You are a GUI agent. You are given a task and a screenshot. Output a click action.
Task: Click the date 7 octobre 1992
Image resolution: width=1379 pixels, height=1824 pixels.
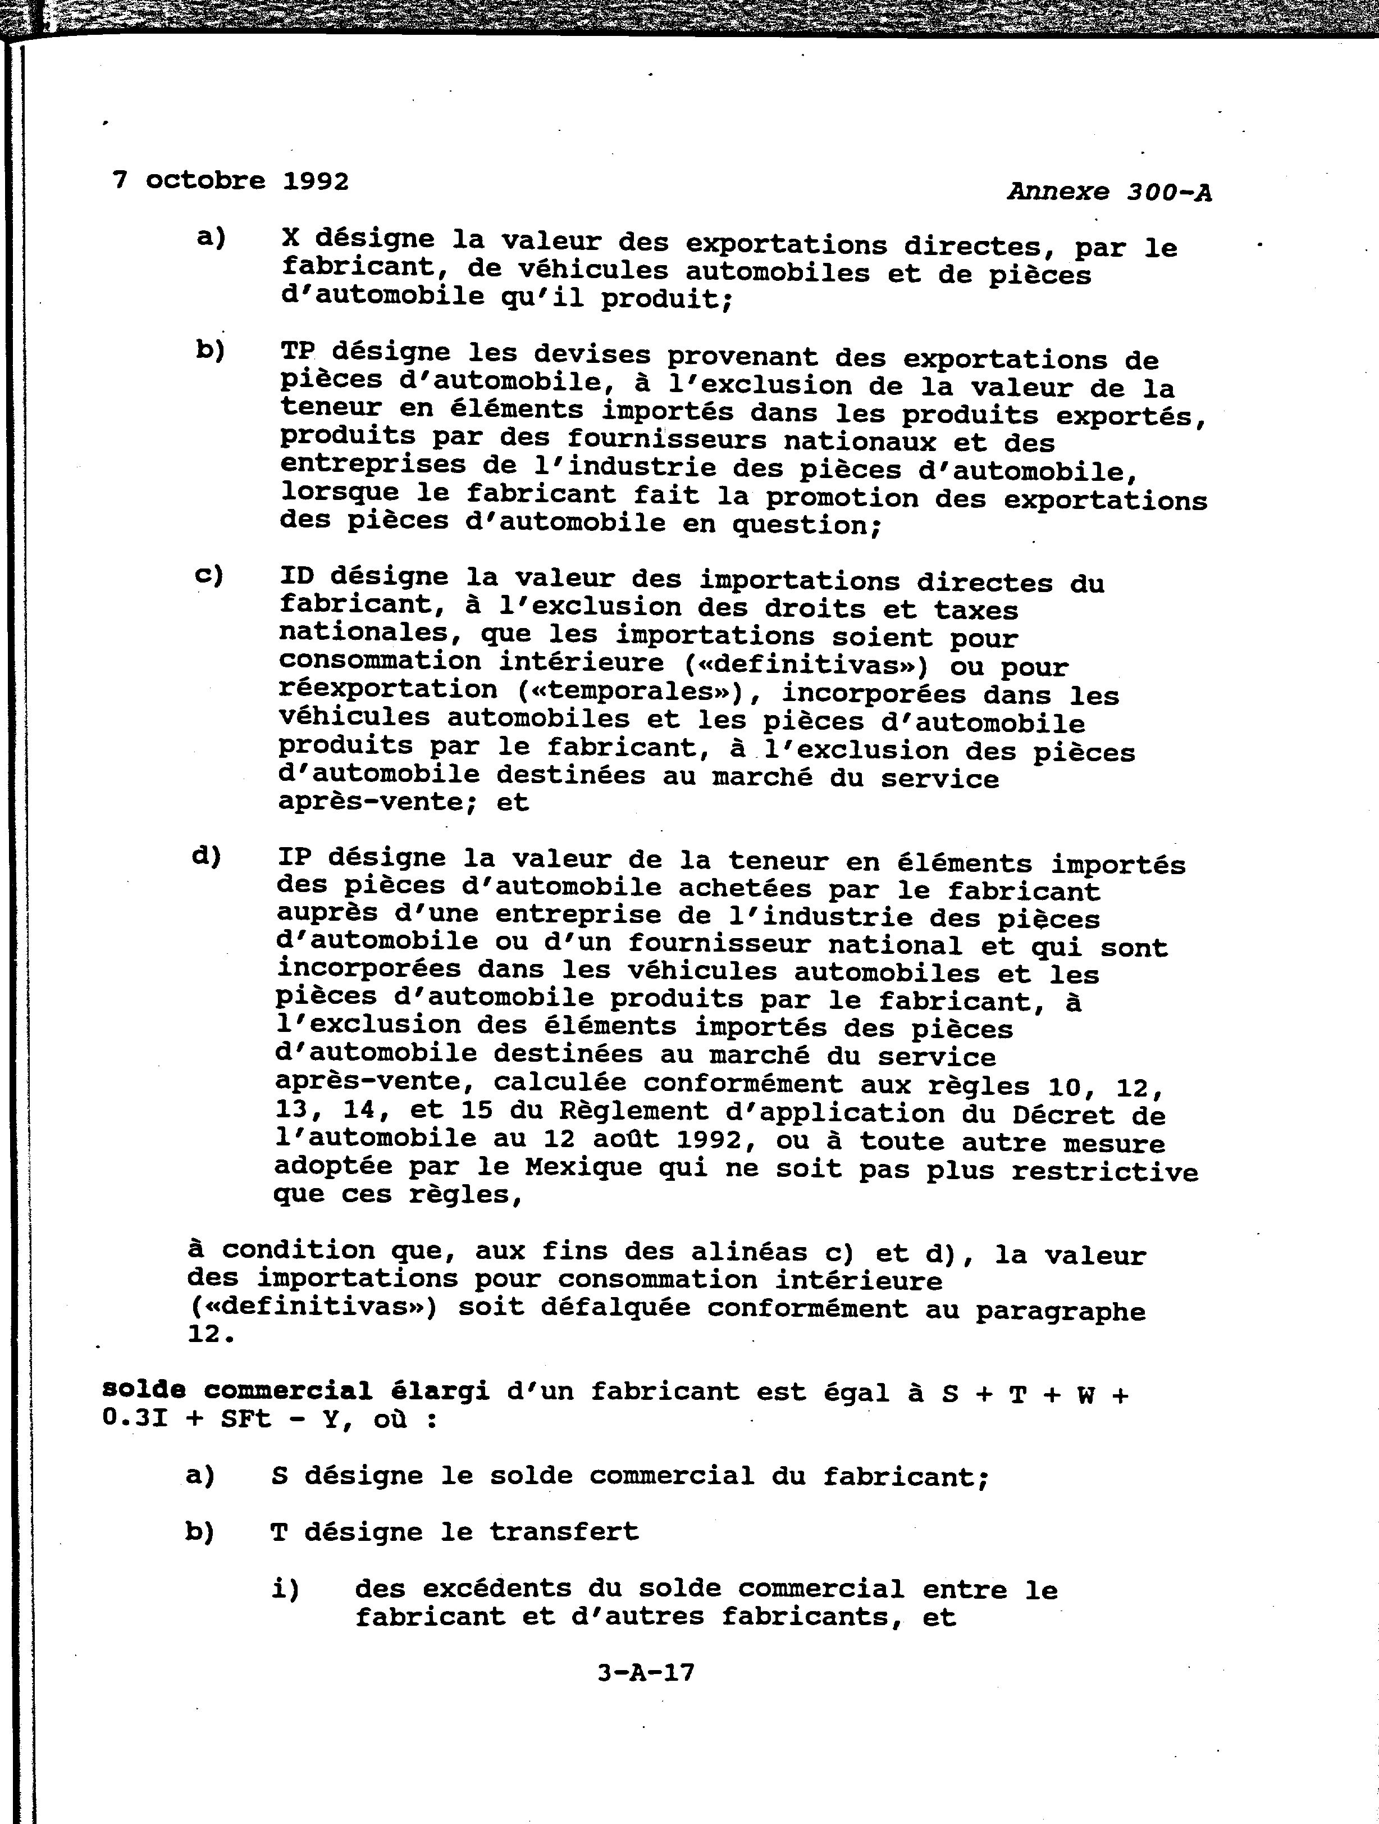point(230,180)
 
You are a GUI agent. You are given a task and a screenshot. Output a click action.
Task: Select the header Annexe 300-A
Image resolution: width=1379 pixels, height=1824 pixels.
point(1108,192)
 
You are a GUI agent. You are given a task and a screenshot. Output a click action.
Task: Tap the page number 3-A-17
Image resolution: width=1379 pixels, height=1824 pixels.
point(646,1667)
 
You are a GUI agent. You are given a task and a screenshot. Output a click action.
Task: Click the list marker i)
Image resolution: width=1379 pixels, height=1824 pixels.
point(285,1588)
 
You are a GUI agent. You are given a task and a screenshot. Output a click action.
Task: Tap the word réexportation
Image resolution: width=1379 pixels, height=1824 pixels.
point(387,689)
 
